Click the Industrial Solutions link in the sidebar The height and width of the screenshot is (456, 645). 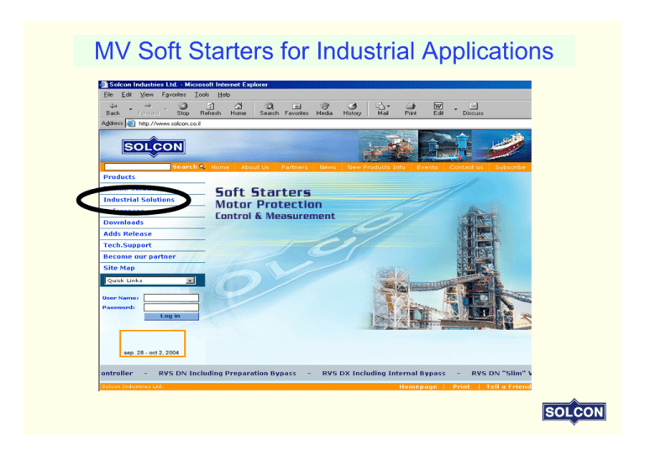click(x=139, y=200)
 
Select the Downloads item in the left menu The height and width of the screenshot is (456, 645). click(x=123, y=223)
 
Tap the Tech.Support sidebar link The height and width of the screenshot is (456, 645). click(x=127, y=245)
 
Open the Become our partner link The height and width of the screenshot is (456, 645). click(x=139, y=256)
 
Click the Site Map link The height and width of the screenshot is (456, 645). click(x=118, y=268)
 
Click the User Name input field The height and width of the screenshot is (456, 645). click(x=171, y=297)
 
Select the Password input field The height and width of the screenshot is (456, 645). click(x=171, y=307)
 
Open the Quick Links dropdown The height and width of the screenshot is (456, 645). click(x=149, y=280)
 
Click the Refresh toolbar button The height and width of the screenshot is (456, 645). click(x=210, y=109)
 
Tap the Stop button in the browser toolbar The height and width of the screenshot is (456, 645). click(x=183, y=109)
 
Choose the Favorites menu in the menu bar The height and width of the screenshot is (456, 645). click(x=174, y=95)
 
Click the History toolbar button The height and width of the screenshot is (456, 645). click(x=352, y=109)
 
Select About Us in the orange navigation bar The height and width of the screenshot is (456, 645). click(x=255, y=167)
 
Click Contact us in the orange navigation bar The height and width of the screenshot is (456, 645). click(x=466, y=167)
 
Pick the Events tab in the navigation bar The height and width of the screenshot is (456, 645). click(x=427, y=167)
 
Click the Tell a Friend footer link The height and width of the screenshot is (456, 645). click(x=508, y=387)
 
